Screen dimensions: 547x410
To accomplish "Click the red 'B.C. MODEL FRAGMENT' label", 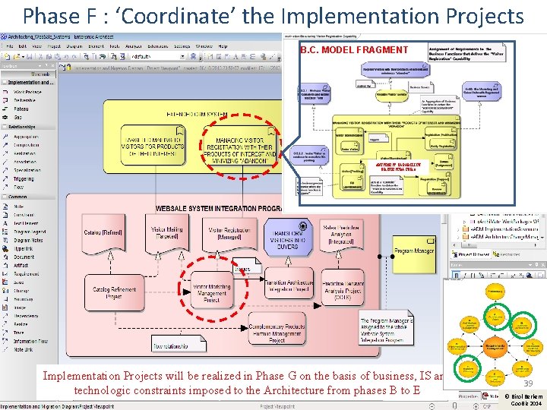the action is (354, 50).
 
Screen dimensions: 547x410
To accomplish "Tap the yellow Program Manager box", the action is (414, 251).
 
